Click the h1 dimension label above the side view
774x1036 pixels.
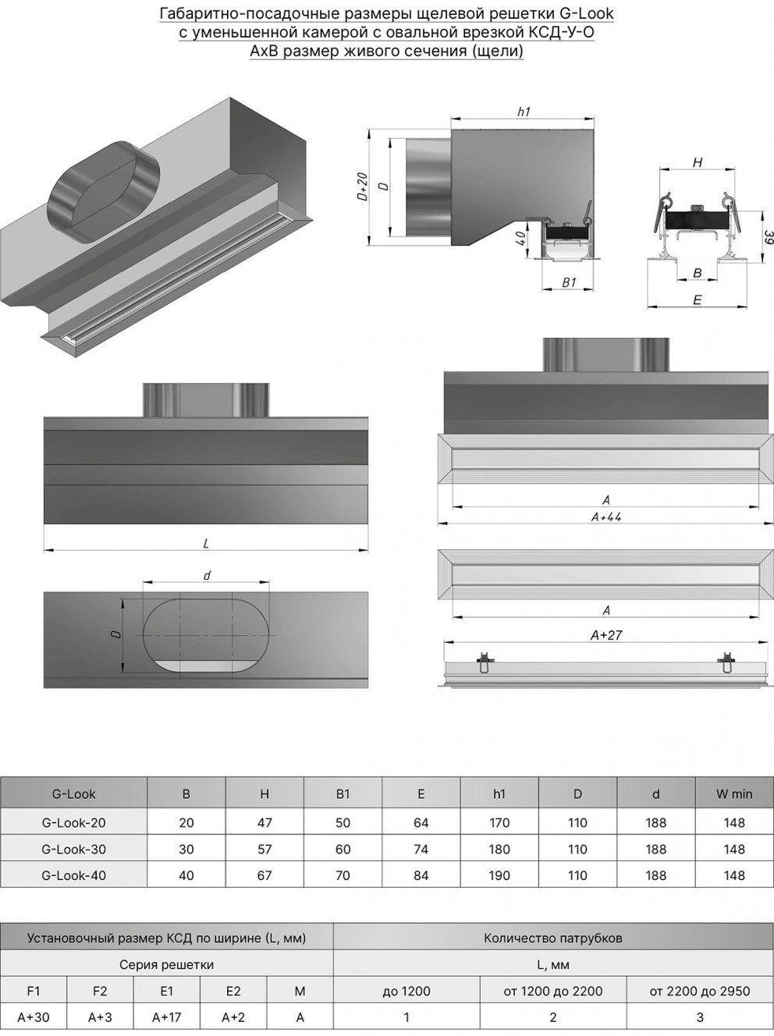click(524, 112)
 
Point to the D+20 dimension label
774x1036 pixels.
click(363, 187)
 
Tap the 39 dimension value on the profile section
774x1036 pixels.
click(768, 237)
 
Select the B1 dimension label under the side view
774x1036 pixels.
click(569, 282)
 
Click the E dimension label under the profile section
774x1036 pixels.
click(697, 300)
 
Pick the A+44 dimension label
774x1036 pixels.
click(606, 517)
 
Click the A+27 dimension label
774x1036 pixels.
click(606, 635)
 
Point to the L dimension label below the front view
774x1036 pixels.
click(206, 544)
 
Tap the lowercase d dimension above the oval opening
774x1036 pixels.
click(206, 576)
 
